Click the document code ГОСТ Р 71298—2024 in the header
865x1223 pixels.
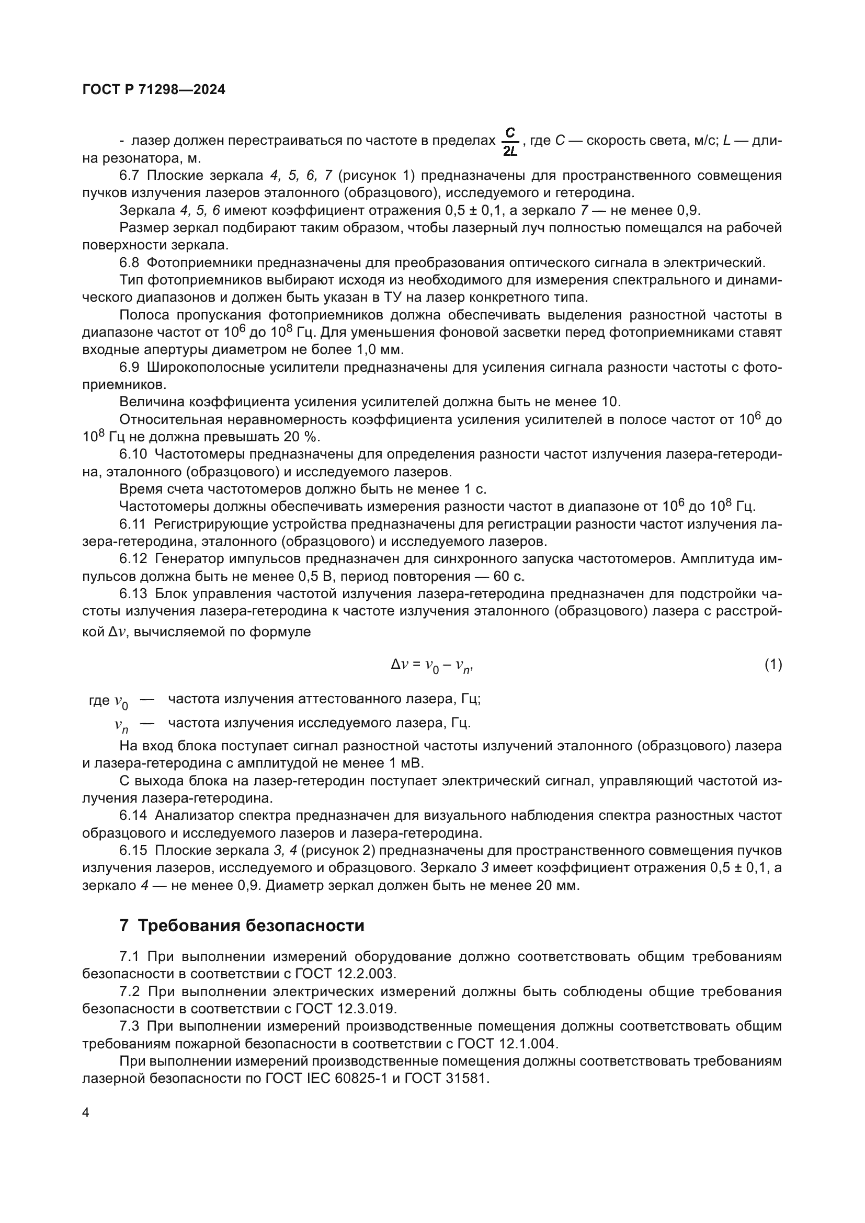click(154, 90)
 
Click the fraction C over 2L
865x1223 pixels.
click(510, 141)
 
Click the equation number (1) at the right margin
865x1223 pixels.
click(773, 664)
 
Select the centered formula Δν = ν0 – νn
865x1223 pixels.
click(432, 665)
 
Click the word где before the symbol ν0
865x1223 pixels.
click(99, 701)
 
